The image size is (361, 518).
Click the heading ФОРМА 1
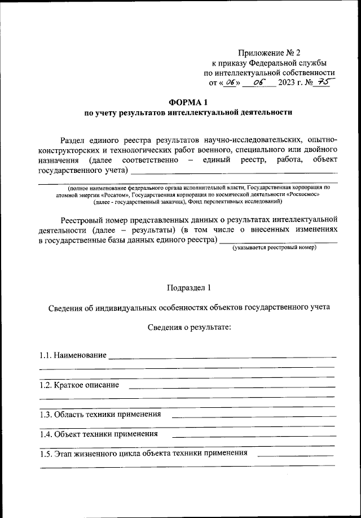pos(188,102)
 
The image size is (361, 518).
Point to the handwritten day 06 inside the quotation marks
pos(229,83)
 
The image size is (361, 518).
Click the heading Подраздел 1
pos(188,287)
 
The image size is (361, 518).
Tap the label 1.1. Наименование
pos(73,355)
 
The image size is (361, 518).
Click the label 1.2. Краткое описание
pos(79,385)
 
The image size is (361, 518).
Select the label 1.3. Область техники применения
pos(100,415)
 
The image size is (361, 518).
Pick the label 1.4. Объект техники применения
pos(98,434)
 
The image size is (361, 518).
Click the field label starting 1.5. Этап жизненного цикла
pos(143,454)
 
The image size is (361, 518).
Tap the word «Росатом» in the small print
pos(110,194)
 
